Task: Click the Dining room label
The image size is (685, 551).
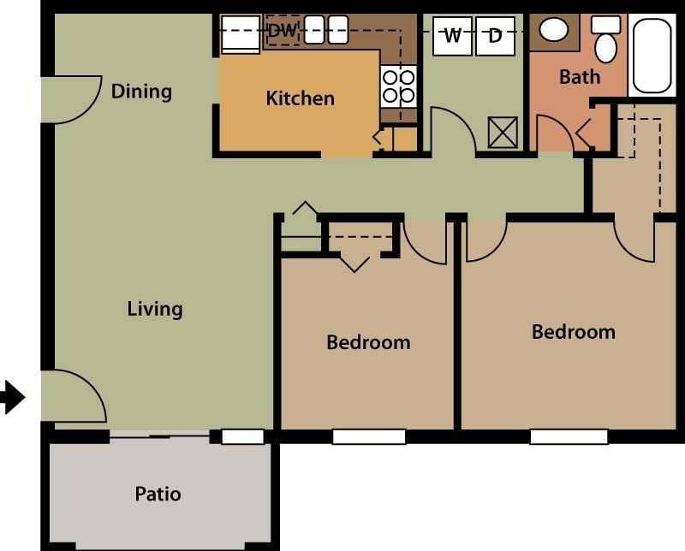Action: click(x=141, y=91)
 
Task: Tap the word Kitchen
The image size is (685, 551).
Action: click(x=300, y=98)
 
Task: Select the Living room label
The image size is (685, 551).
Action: click(x=155, y=308)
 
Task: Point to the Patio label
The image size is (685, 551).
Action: click(x=158, y=494)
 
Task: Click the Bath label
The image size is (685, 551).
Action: click(x=580, y=77)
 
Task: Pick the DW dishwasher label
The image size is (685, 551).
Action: click(x=282, y=31)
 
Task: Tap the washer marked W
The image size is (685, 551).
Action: click(x=452, y=36)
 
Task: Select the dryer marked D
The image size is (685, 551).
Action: click(x=495, y=36)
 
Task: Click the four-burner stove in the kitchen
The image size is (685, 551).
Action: click(x=398, y=86)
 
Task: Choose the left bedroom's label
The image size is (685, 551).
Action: click(x=368, y=342)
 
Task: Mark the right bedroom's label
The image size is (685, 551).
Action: click(x=573, y=331)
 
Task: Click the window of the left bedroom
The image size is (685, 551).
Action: click(x=368, y=436)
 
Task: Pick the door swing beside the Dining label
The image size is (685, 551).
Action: click(x=68, y=98)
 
